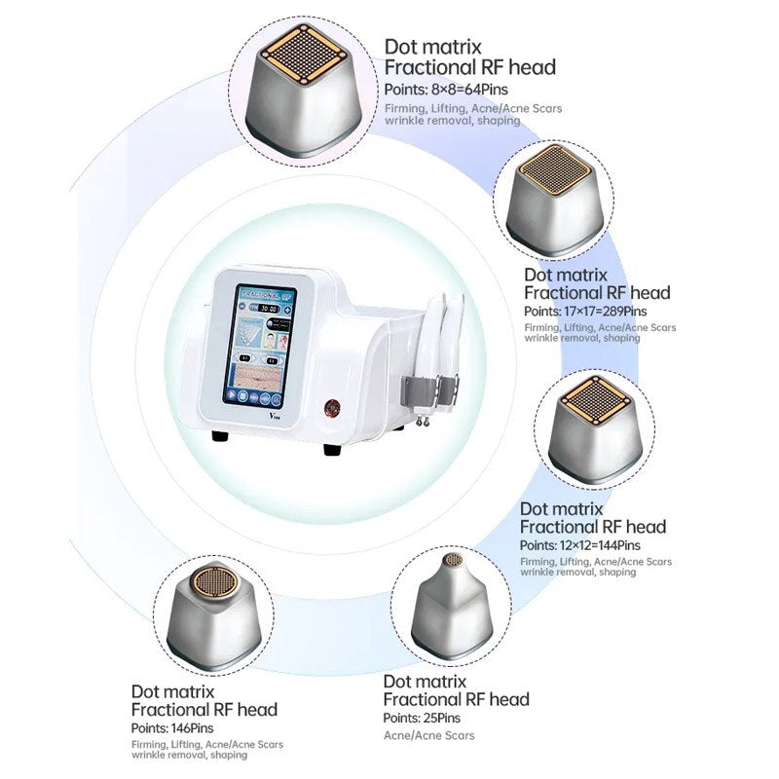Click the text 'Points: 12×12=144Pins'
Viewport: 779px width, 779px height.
(x=579, y=545)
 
